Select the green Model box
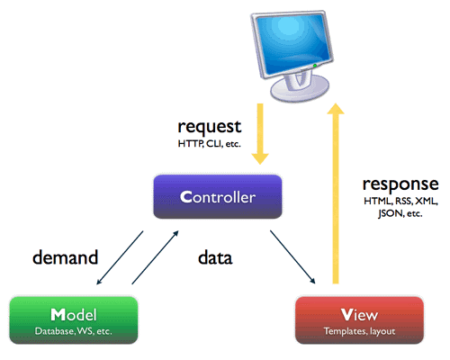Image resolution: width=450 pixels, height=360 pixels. [74, 321]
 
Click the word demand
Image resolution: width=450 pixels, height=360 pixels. [65, 258]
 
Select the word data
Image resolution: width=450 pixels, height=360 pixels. [215, 258]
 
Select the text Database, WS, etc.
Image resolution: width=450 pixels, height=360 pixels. [74, 332]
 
